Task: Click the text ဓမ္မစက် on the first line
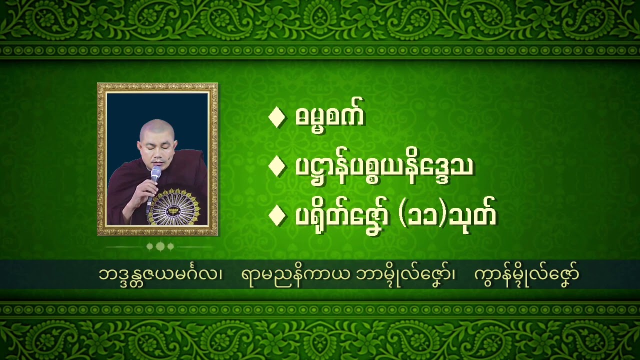pyautogui.click(x=330, y=116)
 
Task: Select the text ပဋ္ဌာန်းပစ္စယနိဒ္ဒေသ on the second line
pyautogui.click(x=384, y=166)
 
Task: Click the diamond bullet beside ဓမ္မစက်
pyautogui.click(x=276, y=117)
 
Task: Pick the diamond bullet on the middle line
pyautogui.click(x=276, y=166)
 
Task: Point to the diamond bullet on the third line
pyautogui.click(x=276, y=216)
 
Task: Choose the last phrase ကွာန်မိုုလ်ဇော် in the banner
pyautogui.click(x=526, y=274)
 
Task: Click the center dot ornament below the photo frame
pyautogui.click(x=160, y=246)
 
